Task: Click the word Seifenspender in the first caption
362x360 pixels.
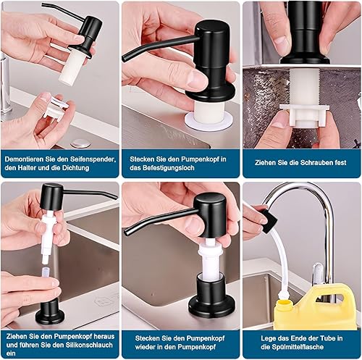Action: point(93,159)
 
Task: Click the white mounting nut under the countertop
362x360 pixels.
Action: point(304,115)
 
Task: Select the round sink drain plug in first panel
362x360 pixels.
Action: point(81,143)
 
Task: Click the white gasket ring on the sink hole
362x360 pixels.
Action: point(209,122)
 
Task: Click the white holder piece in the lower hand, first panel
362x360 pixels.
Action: point(56,108)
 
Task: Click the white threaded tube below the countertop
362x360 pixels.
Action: point(304,87)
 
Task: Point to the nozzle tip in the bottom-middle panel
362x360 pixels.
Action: point(126,232)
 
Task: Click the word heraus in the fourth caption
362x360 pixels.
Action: point(104,336)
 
